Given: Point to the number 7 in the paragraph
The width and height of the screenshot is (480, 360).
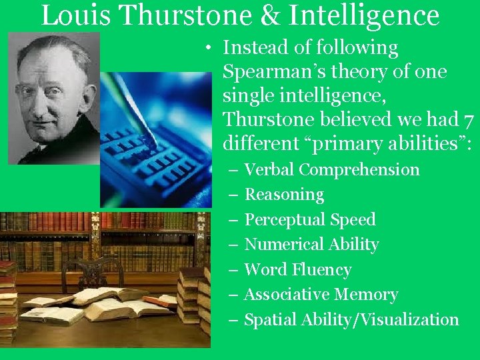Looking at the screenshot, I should click(x=468, y=120).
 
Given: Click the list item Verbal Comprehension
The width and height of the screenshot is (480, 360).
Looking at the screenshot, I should click(x=332, y=170).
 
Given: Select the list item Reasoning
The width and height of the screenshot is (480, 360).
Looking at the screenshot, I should click(x=284, y=195).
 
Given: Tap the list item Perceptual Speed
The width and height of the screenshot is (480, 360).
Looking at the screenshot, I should click(x=310, y=219).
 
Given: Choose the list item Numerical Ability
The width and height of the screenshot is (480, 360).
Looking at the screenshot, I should click(x=311, y=245).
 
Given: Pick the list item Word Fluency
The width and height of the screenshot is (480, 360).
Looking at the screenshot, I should click(x=297, y=269).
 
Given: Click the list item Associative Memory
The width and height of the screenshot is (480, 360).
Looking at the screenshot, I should click(x=321, y=294).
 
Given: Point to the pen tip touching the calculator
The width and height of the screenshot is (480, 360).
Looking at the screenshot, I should click(x=152, y=142).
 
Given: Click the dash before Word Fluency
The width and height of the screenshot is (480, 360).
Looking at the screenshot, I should click(x=233, y=269).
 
